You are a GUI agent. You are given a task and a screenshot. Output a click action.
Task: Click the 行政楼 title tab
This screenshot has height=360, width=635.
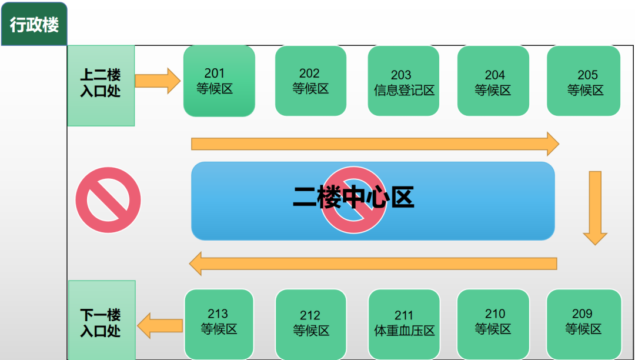click(34, 24)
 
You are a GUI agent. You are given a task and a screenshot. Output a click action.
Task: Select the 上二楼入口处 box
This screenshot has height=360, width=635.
click(101, 85)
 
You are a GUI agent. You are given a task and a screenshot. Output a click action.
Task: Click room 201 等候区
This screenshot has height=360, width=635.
click(219, 81)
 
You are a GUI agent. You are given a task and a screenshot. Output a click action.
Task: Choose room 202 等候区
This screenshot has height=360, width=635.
click(310, 81)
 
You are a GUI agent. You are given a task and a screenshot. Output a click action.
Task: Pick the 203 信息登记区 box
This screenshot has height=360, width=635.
click(403, 81)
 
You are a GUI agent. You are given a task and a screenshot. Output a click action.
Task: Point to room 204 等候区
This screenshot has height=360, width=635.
click(493, 81)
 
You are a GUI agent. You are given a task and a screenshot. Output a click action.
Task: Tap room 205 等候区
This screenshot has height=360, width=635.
click(584, 81)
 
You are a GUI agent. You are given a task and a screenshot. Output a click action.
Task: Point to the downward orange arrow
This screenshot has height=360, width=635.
click(595, 208)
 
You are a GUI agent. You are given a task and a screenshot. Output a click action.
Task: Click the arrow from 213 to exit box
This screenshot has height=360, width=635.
click(160, 325)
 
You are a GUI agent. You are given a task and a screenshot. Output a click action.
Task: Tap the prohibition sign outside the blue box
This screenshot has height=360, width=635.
click(108, 200)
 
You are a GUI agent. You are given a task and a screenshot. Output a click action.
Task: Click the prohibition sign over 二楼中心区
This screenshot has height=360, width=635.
click(353, 200)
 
